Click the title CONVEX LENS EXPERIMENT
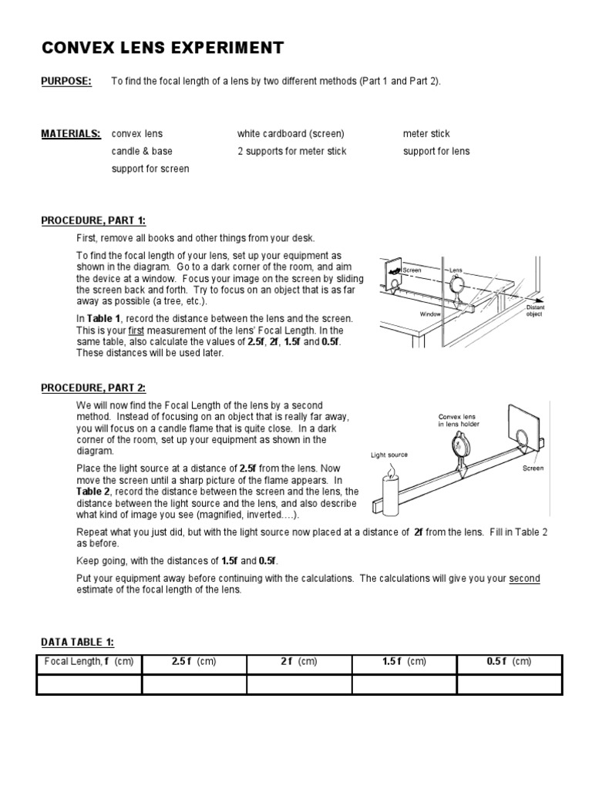162,49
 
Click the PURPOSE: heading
66,81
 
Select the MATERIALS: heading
70,133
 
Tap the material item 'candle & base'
142,151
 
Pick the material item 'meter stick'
426,133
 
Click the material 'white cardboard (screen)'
291,133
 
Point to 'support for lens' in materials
436,151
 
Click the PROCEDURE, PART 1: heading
92,220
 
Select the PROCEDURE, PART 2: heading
92,388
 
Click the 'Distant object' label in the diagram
534,311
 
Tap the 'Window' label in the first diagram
429,314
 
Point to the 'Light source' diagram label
388,455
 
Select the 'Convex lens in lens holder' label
459,421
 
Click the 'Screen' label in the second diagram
533,468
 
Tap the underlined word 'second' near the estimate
524,579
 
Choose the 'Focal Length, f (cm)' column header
89,662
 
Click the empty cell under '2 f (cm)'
299,684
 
